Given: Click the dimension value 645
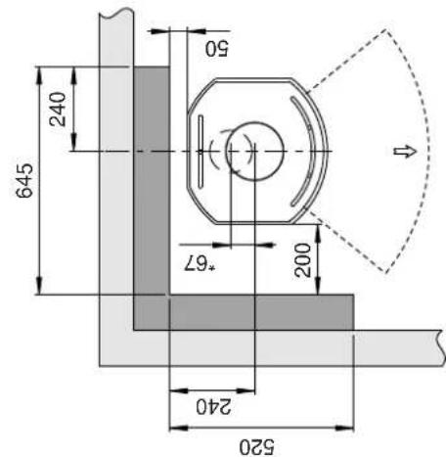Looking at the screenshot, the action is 24,180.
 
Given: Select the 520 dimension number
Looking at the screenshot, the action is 257,447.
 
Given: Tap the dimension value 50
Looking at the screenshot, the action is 217,49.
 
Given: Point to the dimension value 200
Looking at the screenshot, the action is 302,260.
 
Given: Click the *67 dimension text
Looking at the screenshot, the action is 200,263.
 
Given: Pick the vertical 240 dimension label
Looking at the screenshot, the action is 58,109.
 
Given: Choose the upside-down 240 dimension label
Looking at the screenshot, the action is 213,407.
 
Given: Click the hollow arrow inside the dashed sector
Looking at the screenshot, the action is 406,152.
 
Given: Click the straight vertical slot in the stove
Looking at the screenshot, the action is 201,152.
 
